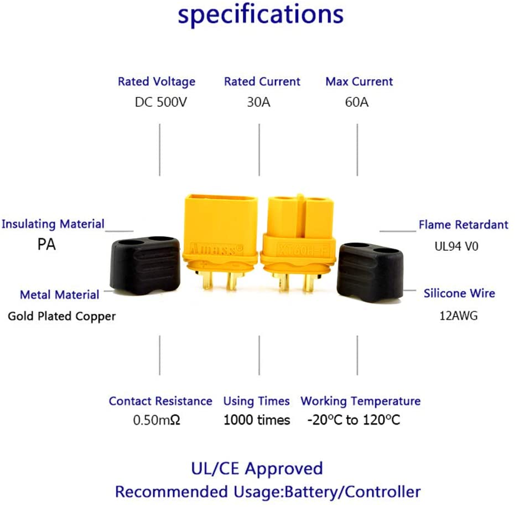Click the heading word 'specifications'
pyautogui.click(x=260, y=15)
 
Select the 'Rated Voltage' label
pyautogui.click(x=157, y=81)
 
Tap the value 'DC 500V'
pyautogui.click(x=161, y=102)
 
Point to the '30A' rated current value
pyautogui.click(x=258, y=102)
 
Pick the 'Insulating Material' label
pyautogui.click(x=53, y=224)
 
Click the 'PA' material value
pyautogui.click(x=46, y=245)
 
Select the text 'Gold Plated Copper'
pyautogui.click(x=62, y=317)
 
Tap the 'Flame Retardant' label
pyautogui.click(x=463, y=225)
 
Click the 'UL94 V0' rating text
pyautogui.click(x=456, y=245)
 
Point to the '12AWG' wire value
pyautogui.click(x=457, y=316)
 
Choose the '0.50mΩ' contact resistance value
pyautogui.click(x=157, y=421)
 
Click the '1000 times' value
pyautogui.click(x=257, y=421)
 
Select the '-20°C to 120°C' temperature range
pyautogui.click(x=353, y=421)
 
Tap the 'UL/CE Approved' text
pyautogui.click(x=257, y=469)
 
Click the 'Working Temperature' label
pyautogui.click(x=360, y=401)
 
